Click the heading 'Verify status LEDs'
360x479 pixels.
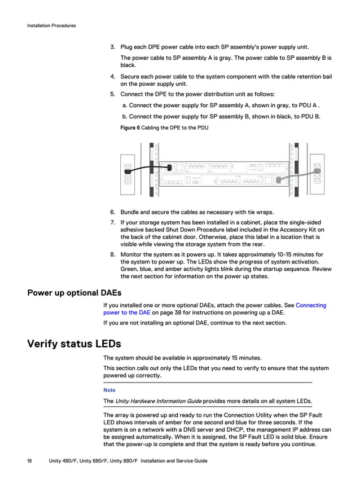tap(74, 344)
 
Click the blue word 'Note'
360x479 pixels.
tap(109, 390)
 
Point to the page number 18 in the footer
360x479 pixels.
tap(29, 461)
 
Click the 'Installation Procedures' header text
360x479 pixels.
tap(51, 25)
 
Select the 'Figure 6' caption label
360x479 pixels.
tap(130, 128)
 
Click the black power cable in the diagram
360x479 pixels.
tap(150, 168)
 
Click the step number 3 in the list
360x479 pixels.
tap(112, 47)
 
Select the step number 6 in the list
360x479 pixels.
tap(112, 212)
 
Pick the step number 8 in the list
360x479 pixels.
tap(112, 254)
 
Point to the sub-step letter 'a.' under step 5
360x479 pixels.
tap(125, 106)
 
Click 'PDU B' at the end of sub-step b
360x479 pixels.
tap(311, 116)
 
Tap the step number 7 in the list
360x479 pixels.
tap(112, 222)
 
